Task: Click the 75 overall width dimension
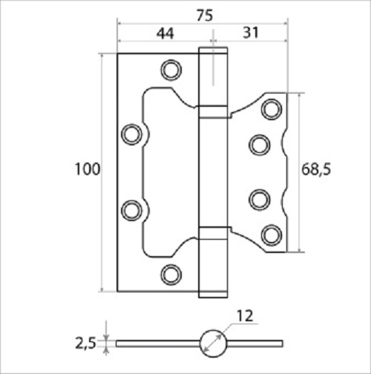[x=205, y=16]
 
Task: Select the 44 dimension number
[x=165, y=33]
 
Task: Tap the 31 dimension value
[x=251, y=33]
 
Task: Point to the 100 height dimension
[x=88, y=169]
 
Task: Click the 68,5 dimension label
[x=316, y=169]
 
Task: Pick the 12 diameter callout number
[x=245, y=316]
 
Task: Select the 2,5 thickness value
[x=85, y=344]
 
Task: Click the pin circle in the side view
[x=213, y=344]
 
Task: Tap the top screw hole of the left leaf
[x=171, y=70]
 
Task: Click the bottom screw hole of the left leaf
[x=171, y=275]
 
